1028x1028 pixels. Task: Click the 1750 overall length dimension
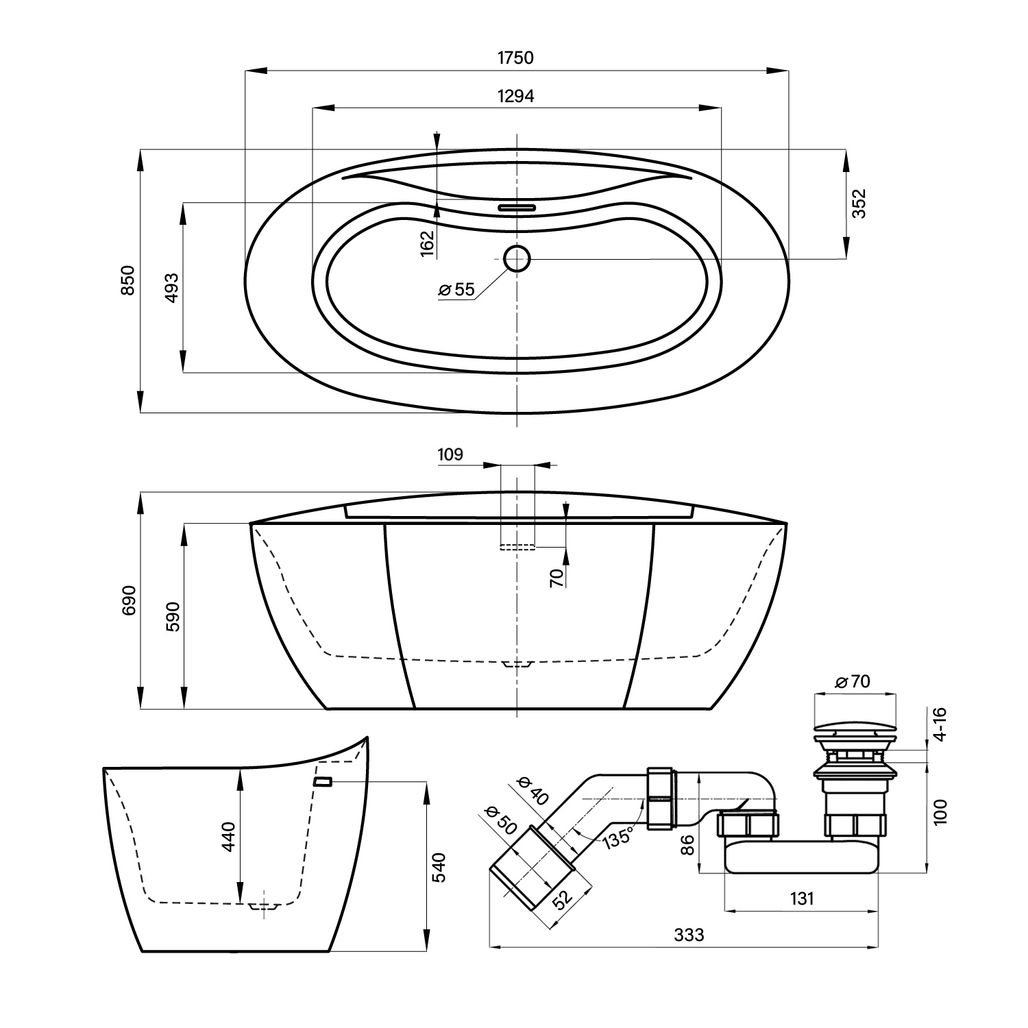pos(515,58)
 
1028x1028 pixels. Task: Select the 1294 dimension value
pos(515,97)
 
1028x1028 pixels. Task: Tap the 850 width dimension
pos(128,280)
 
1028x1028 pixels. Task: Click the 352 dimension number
pos(859,204)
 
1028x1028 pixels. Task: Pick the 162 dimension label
pos(428,243)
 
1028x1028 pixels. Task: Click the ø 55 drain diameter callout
pos(456,290)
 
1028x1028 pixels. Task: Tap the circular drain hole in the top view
pos(517,258)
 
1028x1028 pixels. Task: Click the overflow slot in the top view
pos(517,206)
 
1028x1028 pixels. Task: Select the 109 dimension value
pos(450,454)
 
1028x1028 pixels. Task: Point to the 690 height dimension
pos(130,600)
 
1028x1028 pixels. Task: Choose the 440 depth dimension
pos(228,836)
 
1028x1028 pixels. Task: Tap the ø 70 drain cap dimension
pos(853,682)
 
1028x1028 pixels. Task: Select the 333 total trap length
pos(689,934)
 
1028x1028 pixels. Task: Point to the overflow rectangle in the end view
pos(323,781)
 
